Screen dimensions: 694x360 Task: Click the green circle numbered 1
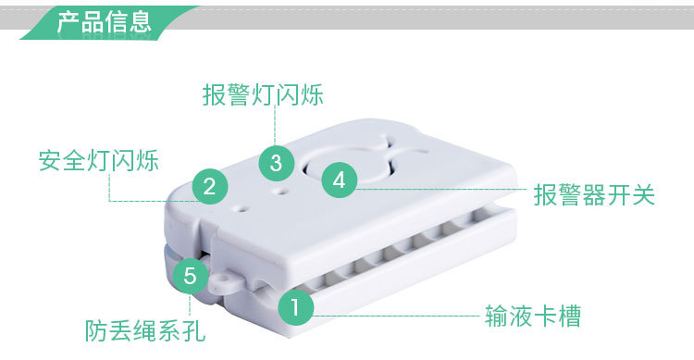295,306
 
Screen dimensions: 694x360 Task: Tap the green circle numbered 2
210,186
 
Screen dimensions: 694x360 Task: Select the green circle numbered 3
276,163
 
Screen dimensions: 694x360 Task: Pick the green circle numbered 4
339,180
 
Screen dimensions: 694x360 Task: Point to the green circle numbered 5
190,276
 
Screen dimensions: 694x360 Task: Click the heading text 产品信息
104,21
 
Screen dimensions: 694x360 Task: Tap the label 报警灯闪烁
263,94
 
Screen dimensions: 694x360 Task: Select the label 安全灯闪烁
99,160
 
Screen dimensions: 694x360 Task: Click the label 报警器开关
594,195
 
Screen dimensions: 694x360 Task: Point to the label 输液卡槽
533,316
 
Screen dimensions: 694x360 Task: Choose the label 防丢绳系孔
145,330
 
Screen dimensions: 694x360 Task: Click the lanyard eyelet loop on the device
226,281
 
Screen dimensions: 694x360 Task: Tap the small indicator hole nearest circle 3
280,192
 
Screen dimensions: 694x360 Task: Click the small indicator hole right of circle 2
241,207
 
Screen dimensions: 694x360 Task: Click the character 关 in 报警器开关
643,195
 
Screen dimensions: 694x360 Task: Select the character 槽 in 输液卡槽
570,316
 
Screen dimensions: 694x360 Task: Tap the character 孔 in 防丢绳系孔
194,330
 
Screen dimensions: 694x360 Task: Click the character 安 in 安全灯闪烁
50,160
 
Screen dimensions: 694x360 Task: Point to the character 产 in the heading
68,21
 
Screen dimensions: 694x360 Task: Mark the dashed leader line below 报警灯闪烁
275,126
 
